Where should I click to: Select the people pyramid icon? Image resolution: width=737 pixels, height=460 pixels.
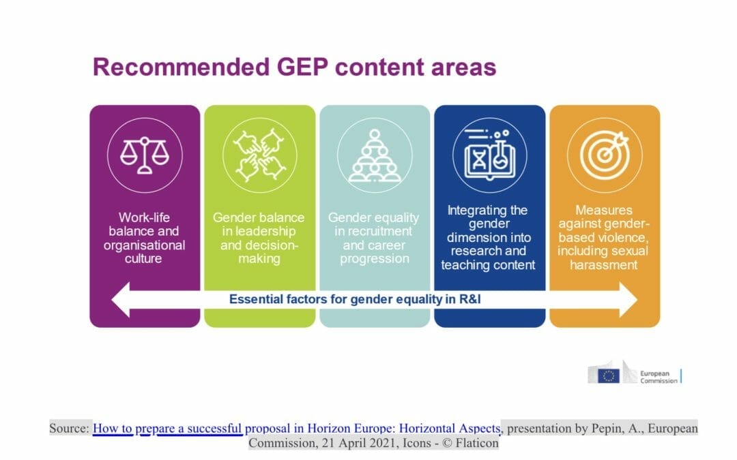point(375,155)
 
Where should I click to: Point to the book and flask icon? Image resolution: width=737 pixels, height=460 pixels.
point(489,155)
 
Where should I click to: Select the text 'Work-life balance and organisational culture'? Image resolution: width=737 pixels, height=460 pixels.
point(145,238)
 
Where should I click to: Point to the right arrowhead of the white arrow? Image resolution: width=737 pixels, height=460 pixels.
point(626,299)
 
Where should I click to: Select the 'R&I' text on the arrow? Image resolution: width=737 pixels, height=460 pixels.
point(471,299)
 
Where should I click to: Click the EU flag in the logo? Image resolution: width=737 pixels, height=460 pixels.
point(609,375)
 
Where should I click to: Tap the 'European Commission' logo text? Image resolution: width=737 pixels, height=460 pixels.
point(659,377)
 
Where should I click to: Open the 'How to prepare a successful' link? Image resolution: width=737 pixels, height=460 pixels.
point(168,429)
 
